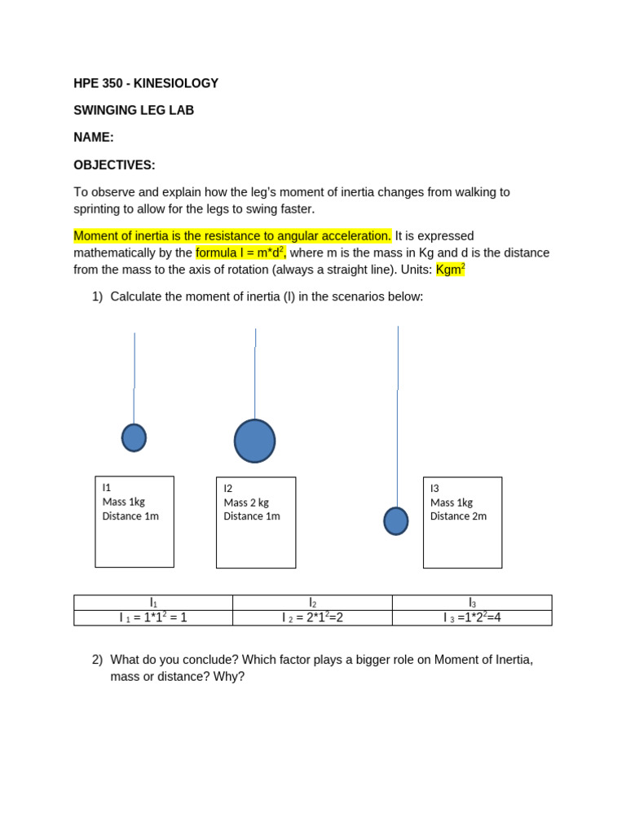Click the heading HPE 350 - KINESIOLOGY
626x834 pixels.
pyautogui.click(x=146, y=83)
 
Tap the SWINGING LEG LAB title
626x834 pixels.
pyautogui.click(x=134, y=110)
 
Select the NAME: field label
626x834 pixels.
pyautogui.click(x=94, y=138)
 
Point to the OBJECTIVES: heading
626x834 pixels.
pyautogui.click(x=114, y=165)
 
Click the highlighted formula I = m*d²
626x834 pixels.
pyautogui.click(x=240, y=252)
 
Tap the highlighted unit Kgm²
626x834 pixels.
pyautogui.click(x=450, y=269)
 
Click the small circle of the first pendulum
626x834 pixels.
pyautogui.click(x=134, y=437)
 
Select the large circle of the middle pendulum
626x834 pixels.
pyautogui.click(x=254, y=441)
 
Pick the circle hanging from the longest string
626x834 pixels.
pyautogui.click(x=396, y=521)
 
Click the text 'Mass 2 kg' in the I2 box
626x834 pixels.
pyautogui.click(x=246, y=503)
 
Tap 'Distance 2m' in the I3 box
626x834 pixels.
pyautogui.click(x=458, y=516)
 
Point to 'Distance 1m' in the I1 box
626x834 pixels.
pyautogui.click(x=130, y=516)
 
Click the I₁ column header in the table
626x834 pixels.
pyautogui.click(x=153, y=603)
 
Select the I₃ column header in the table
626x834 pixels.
pyautogui.click(x=472, y=603)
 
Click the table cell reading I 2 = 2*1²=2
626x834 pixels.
pyautogui.click(x=312, y=617)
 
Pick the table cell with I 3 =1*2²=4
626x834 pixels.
pyautogui.click(x=472, y=617)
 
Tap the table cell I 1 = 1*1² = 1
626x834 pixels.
pyautogui.click(x=153, y=617)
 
